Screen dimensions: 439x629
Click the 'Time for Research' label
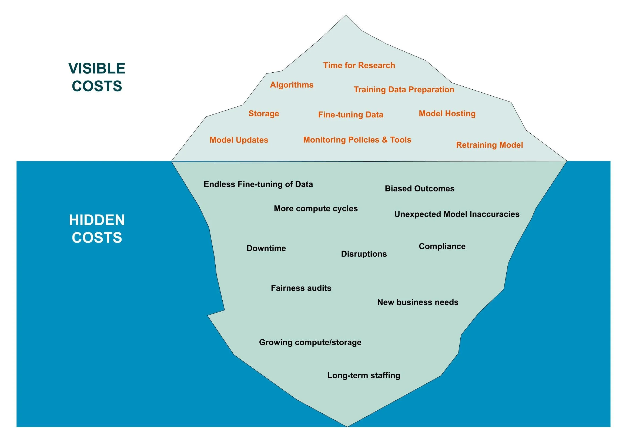[359, 65]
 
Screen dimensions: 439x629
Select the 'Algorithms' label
[292, 85]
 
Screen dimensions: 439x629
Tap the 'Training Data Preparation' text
[404, 90]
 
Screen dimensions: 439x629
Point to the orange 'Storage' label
[263, 114]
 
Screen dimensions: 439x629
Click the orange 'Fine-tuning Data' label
[350, 115]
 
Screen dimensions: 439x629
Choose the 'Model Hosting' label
[447, 114]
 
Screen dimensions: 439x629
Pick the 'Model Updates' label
[239, 140]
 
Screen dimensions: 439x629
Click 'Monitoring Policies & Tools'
[357, 140]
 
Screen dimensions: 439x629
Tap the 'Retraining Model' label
[489, 145]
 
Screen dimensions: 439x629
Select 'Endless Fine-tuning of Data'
[258, 184]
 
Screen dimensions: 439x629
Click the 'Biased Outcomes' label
[419, 188]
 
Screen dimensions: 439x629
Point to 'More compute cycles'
[316, 208]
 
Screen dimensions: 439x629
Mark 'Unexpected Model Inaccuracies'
[457, 214]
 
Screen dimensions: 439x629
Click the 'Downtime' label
[266, 248]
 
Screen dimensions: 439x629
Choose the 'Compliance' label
[442, 246]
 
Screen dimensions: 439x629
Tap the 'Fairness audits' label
[301, 288]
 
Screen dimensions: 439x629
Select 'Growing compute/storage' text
[310, 342]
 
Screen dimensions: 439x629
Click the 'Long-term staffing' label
[363, 375]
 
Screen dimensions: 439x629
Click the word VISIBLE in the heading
[97, 68]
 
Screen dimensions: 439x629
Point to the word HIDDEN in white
[97, 220]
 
